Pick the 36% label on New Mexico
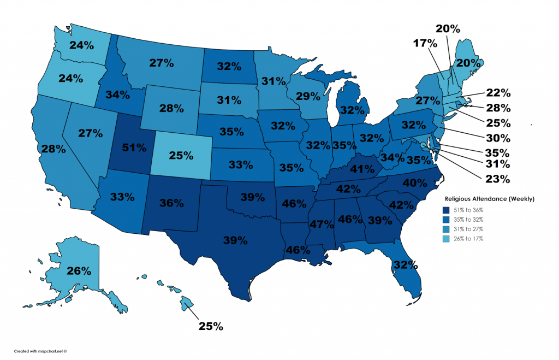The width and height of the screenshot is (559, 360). tap(172, 203)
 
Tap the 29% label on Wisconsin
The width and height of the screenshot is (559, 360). tap(308, 97)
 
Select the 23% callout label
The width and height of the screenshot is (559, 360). tap(498, 178)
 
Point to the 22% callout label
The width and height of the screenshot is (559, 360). tap(498, 93)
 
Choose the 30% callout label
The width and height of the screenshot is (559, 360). tap(498, 138)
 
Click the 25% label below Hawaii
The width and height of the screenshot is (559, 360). tap(210, 327)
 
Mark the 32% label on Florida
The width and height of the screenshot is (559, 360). tap(405, 265)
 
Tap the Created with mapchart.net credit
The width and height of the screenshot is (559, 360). tap(40, 351)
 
